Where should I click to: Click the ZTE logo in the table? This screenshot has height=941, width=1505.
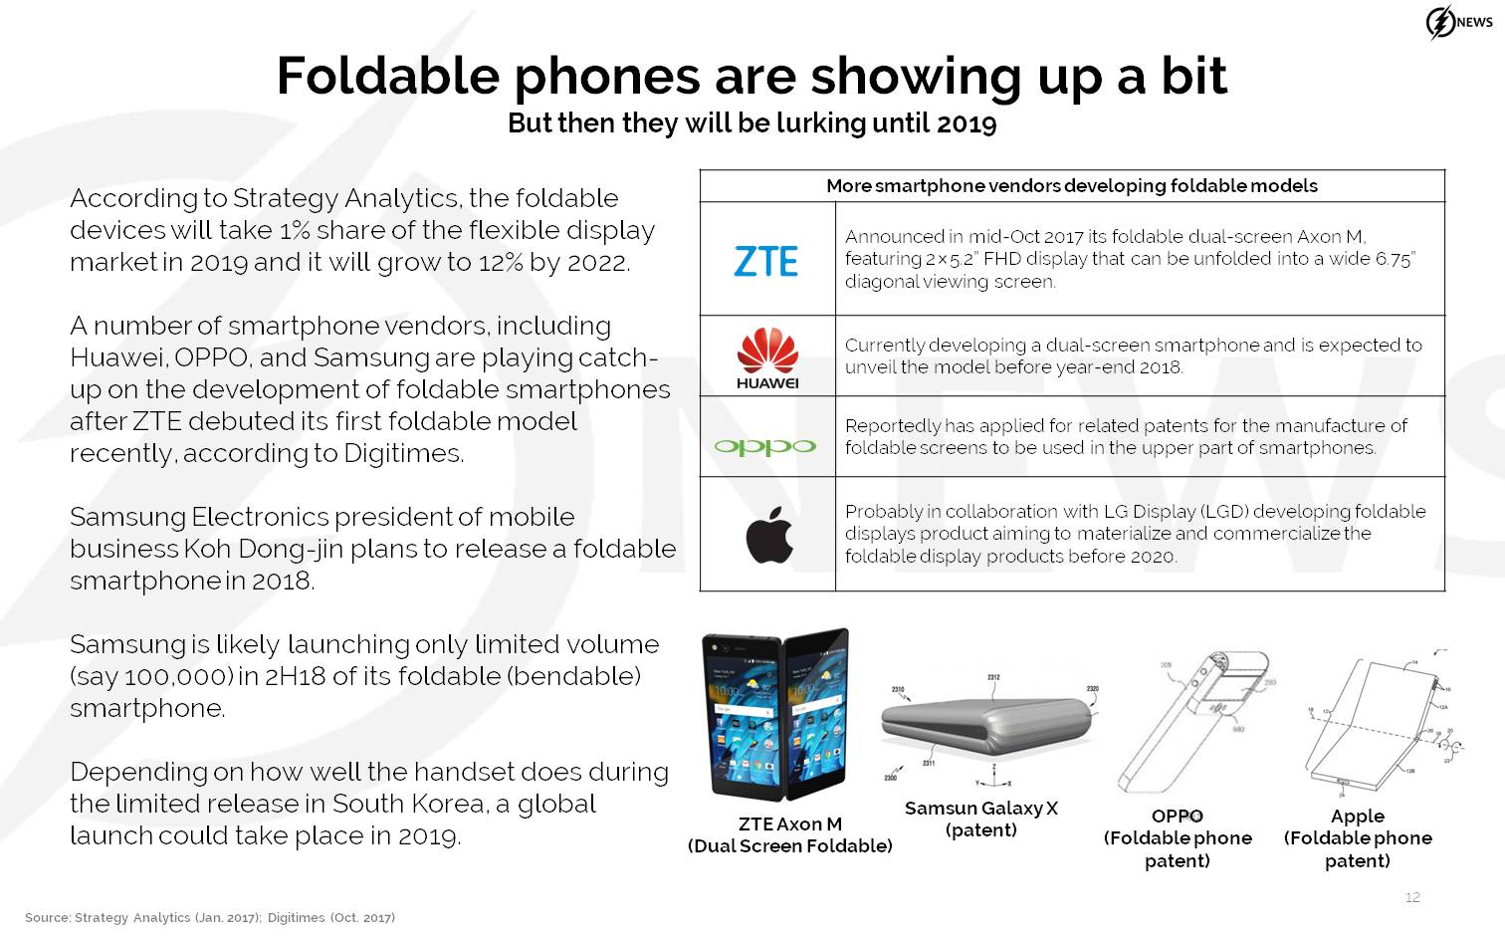[x=766, y=261]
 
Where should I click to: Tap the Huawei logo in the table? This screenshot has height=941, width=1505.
[x=767, y=358]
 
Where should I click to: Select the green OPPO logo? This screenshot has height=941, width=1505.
[x=764, y=446]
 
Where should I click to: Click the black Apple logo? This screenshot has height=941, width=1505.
[x=769, y=535]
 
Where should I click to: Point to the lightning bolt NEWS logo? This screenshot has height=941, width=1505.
[x=1458, y=22]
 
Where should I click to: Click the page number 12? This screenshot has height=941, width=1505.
[x=1412, y=897]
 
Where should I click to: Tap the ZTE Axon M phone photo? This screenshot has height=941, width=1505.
[x=776, y=715]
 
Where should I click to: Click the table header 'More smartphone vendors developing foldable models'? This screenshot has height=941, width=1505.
[x=1072, y=185]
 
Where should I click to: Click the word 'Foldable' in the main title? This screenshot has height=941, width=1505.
[x=388, y=76]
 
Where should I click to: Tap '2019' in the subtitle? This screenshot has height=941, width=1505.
[x=967, y=123]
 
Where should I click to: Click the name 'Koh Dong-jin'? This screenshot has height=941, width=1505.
[x=263, y=549]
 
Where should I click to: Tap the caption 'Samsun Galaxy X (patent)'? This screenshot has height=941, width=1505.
[x=981, y=819]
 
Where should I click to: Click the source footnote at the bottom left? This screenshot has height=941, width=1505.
[x=210, y=917]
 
